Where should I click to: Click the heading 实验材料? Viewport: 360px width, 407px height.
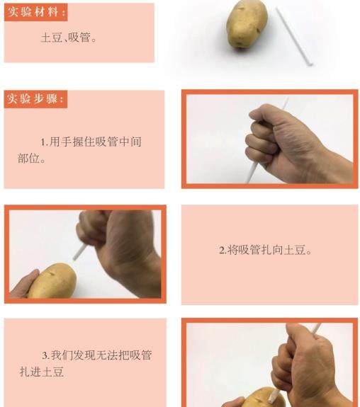pyautogui.click(x=36, y=12)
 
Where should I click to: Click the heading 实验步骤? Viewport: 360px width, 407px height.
pyautogui.click(x=35, y=99)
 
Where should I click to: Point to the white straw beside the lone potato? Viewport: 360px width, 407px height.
pyautogui.click(x=294, y=36)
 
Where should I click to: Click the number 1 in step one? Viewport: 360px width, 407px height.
pyautogui.click(x=43, y=142)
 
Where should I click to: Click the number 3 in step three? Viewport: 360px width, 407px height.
pyautogui.click(x=45, y=355)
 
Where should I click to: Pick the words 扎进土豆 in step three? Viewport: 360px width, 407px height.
pyautogui.click(x=42, y=372)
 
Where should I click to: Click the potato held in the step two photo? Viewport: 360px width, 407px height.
pyautogui.click(x=52, y=281)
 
